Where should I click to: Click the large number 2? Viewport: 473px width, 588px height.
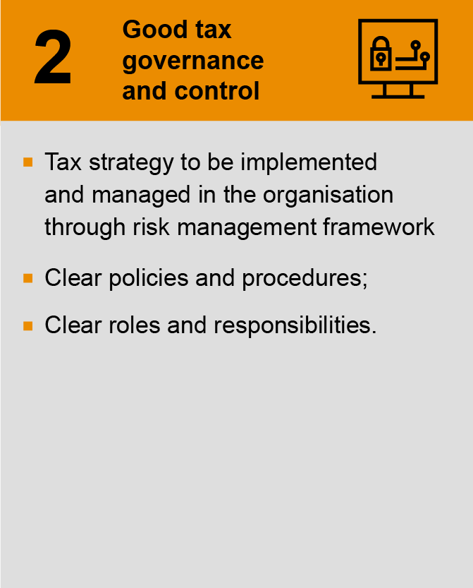pyautogui.click(x=53, y=61)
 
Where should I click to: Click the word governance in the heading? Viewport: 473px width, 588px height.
pyautogui.click(x=193, y=61)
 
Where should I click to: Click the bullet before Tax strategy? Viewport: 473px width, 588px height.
pyautogui.click(x=28, y=162)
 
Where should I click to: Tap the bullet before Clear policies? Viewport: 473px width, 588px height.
pyautogui.click(x=28, y=278)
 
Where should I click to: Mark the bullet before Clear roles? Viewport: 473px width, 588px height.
pyautogui.click(x=28, y=325)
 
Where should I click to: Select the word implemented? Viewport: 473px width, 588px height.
pyautogui.click(x=309, y=162)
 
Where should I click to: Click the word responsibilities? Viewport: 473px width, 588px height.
pyautogui.click(x=295, y=325)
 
